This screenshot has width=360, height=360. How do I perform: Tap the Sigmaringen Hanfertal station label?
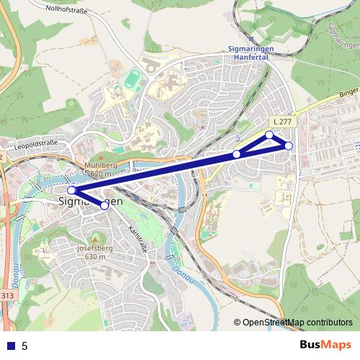pyautogui.click(x=256, y=53)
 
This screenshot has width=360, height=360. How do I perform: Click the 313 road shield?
pyautogui.click(x=6, y=295)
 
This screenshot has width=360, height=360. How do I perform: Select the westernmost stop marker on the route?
pyautogui.click(x=71, y=191)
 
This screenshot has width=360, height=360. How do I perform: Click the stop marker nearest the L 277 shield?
pyautogui.click(x=270, y=135)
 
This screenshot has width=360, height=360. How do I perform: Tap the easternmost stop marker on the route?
pyautogui.click(x=289, y=146)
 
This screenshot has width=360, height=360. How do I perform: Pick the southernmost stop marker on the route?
pyautogui.click(x=104, y=205)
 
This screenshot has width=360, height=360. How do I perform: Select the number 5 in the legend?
pyautogui.click(x=24, y=346)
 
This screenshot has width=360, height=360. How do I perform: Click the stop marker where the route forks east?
pyautogui.click(x=237, y=154)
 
